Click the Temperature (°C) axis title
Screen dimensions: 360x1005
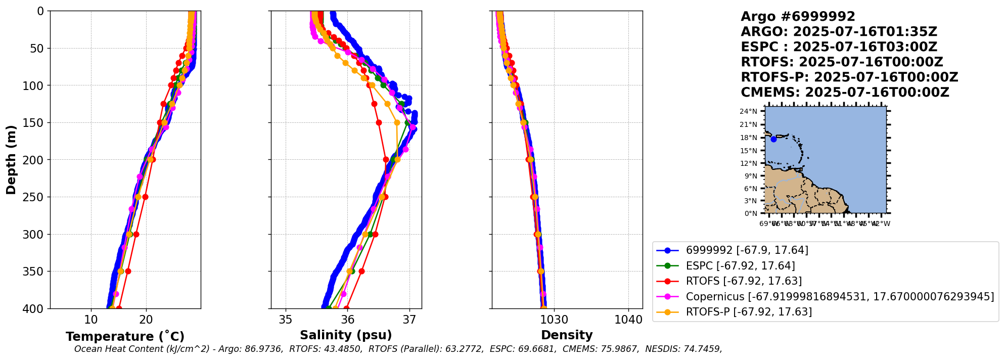pyautogui.click(x=125, y=337)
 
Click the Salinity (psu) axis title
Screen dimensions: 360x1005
pyautogui.click(x=346, y=335)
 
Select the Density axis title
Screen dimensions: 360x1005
pyautogui.click(x=567, y=335)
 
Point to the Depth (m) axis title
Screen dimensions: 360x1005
pyautogui.click(x=11, y=159)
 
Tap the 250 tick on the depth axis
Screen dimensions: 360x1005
pyautogui.click(x=35, y=197)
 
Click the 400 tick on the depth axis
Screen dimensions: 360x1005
pyautogui.click(x=35, y=308)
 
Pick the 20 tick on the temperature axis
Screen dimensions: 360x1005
pyautogui.click(x=146, y=320)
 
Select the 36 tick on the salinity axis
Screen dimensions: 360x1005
pyautogui.click(x=347, y=320)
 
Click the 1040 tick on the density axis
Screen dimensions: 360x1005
pyautogui.click(x=628, y=320)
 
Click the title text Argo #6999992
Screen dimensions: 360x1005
pyautogui.click(x=798, y=17)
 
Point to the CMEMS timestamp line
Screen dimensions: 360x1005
pyautogui.click(x=845, y=93)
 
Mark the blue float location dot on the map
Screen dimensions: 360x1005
pyautogui.click(x=773, y=139)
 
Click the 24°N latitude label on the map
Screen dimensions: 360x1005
pyautogui.click(x=749, y=111)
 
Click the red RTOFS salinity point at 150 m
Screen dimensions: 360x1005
pyautogui.click(x=379, y=122)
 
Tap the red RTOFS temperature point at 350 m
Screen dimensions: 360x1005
pyautogui.click(x=128, y=272)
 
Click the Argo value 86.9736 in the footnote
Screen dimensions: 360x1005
pyautogui.click(x=265, y=349)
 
